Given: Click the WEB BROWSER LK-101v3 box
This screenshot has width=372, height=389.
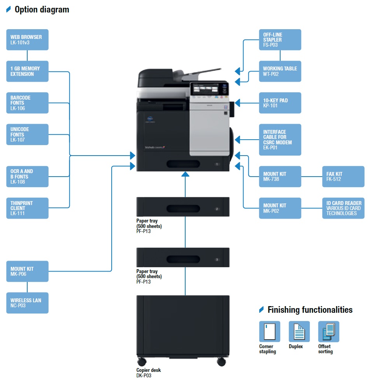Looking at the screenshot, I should [27, 40].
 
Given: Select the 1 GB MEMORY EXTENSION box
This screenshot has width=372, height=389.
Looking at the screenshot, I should [27, 71].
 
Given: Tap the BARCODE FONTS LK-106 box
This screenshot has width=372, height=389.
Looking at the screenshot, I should [27, 103].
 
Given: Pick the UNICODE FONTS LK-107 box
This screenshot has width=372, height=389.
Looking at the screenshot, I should [27, 134].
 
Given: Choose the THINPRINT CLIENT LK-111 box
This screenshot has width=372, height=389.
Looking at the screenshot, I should [27, 208].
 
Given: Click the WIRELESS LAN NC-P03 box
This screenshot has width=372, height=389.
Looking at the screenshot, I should [27, 303].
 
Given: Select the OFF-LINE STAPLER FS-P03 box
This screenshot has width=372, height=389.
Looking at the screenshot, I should [280, 40].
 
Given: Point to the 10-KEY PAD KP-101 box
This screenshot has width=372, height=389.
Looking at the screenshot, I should [280, 103].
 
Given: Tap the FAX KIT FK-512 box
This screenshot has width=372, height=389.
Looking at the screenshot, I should [343, 177].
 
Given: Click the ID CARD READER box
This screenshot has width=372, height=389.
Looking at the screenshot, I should [343, 208].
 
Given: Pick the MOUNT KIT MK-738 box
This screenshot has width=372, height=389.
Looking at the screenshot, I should [280, 177].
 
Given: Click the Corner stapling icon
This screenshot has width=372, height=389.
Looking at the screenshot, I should [269, 331].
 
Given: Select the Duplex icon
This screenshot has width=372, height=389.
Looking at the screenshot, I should [299, 331].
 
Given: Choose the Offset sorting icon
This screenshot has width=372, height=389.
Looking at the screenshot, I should [328, 331].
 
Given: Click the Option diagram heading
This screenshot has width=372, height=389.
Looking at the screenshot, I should [42, 10].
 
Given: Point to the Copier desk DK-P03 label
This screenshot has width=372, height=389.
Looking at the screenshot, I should [148, 373].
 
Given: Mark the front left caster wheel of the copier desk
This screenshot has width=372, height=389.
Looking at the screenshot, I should [142, 362].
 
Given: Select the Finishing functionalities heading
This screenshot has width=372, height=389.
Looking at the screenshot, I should [310, 310].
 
